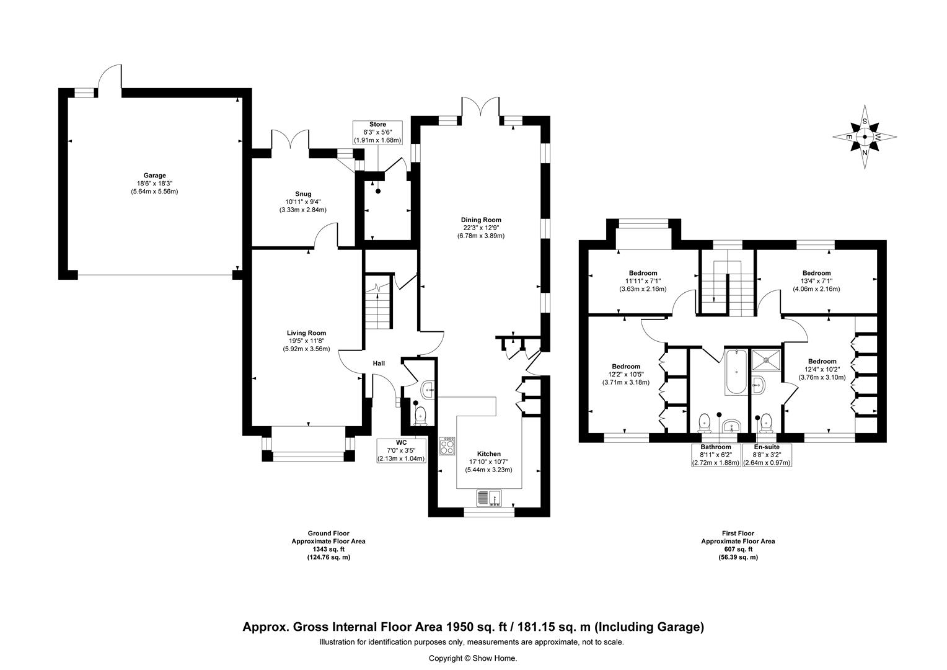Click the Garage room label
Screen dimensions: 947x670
click(154, 175)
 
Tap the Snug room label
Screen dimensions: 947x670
click(303, 194)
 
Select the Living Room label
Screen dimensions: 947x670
click(307, 333)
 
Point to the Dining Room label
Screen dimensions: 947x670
click(481, 220)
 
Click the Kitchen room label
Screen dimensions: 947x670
click(489, 453)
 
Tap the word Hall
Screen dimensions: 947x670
click(379, 363)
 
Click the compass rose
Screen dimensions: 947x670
click(865, 136)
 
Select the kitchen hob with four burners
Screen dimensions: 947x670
click(447, 445)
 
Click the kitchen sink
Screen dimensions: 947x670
click(489, 498)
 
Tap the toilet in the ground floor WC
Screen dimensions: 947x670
click(421, 416)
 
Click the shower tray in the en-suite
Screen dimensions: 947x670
click(767, 360)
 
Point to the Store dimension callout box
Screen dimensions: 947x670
click(377, 133)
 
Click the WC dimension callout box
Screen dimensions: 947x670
click(401, 451)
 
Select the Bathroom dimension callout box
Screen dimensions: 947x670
click(716, 455)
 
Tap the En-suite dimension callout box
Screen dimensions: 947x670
click(767, 455)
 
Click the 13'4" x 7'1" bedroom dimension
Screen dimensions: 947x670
click(816, 281)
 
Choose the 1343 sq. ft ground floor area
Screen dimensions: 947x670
click(328, 550)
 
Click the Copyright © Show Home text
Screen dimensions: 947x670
click(473, 658)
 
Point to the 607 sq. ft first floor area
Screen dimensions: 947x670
click(738, 550)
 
